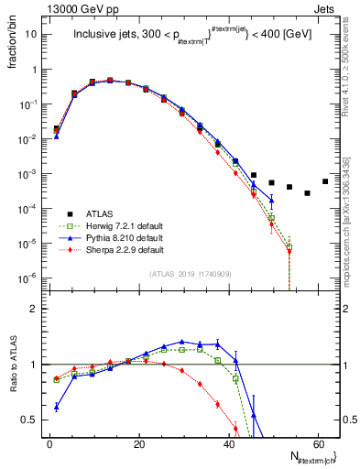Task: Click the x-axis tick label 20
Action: pyautogui.click(x=138, y=445)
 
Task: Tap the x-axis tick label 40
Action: pyautogui.click(x=228, y=445)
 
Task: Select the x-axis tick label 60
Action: pyautogui.click(x=317, y=445)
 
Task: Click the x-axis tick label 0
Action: pyautogui.click(x=49, y=445)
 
